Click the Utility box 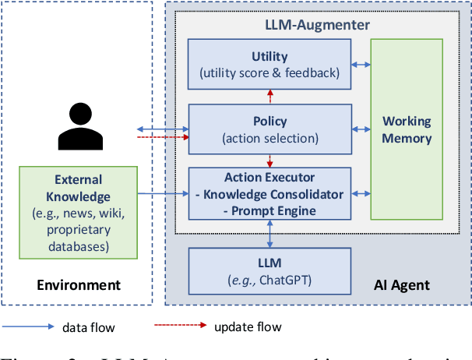click(x=270, y=65)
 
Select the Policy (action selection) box click(x=270, y=129)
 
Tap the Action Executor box click(x=270, y=193)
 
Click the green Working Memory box click(x=407, y=129)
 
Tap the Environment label click(x=79, y=284)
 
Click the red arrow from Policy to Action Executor click(x=270, y=161)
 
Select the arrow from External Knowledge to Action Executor click(x=163, y=193)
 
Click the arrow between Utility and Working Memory click(x=361, y=65)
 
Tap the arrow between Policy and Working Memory click(x=361, y=129)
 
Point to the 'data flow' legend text click(x=88, y=326)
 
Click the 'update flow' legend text click(x=248, y=326)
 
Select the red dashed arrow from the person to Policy click(x=163, y=136)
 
